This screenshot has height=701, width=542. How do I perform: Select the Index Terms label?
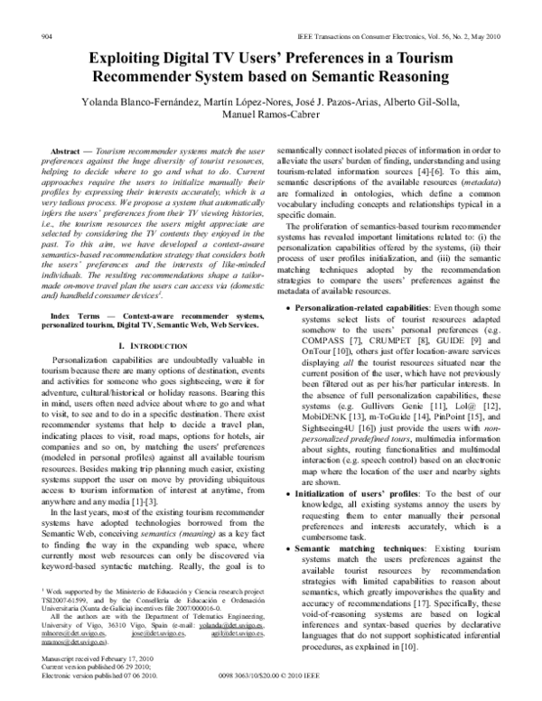tap(74, 289)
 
